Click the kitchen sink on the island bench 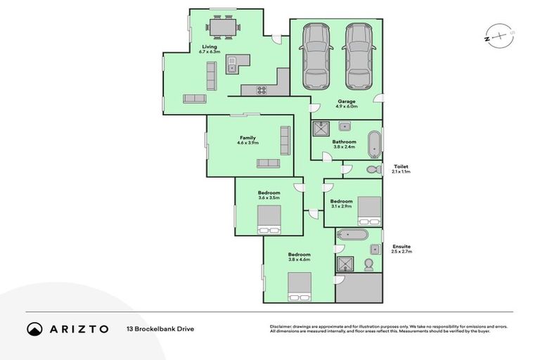click(x=231, y=68)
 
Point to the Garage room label click(x=346, y=101)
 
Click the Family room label click(x=247, y=138)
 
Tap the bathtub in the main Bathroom click(x=374, y=143)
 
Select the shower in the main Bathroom click(x=321, y=128)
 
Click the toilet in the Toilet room click(x=371, y=169)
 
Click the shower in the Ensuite click(x=345, y=264)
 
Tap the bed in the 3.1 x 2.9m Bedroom click(x=369, y=209)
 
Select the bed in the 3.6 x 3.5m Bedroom click(x=268, y=224)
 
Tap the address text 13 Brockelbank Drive click(x=160, y=328)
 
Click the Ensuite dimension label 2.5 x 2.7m click(x=402, y=252)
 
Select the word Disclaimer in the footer click(x=283, y=326)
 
